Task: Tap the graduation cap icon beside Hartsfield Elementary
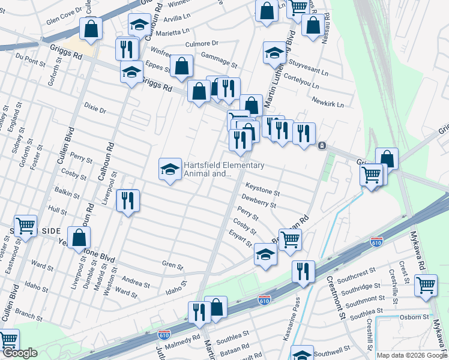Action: (x=170, y=169)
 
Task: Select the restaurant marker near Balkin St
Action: (x=128, y=200)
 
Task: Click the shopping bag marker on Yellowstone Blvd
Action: (x=79, y=238)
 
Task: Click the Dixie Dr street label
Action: (x=95, y=110)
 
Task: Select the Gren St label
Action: (x=172, y=264)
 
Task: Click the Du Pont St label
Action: (x=31, y=59)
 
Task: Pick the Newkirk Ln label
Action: (x=331, y=103)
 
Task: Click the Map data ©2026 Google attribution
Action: (x=412, y=355)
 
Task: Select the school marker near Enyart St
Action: (x=265, y=254)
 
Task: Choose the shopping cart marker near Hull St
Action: (x=26, y=226)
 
